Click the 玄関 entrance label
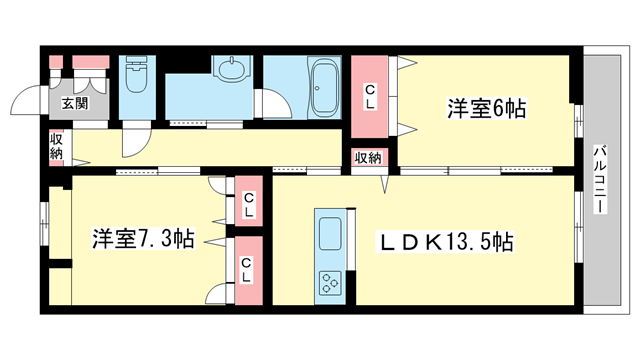tap(75, 103)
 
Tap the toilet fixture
tap(136, 74)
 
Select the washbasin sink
tap(231, 69)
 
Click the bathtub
tap(324, 87)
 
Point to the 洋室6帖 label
tap(486, 109)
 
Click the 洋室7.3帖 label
tap(143, 238)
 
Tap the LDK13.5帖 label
tap(446, 242)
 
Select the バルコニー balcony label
tap(599, 179)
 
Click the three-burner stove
tap(330, 282)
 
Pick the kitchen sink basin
tap(330, 233)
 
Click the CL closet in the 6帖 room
tap(369, 97)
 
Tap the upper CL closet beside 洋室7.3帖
tap(249, 201)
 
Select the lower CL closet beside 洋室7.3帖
tap(249, 270)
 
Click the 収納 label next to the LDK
tap(368, 158)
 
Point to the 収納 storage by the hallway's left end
tap(56, 148)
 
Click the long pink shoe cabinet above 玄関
tap(91, 62)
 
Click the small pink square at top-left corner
tap(56, 62)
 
